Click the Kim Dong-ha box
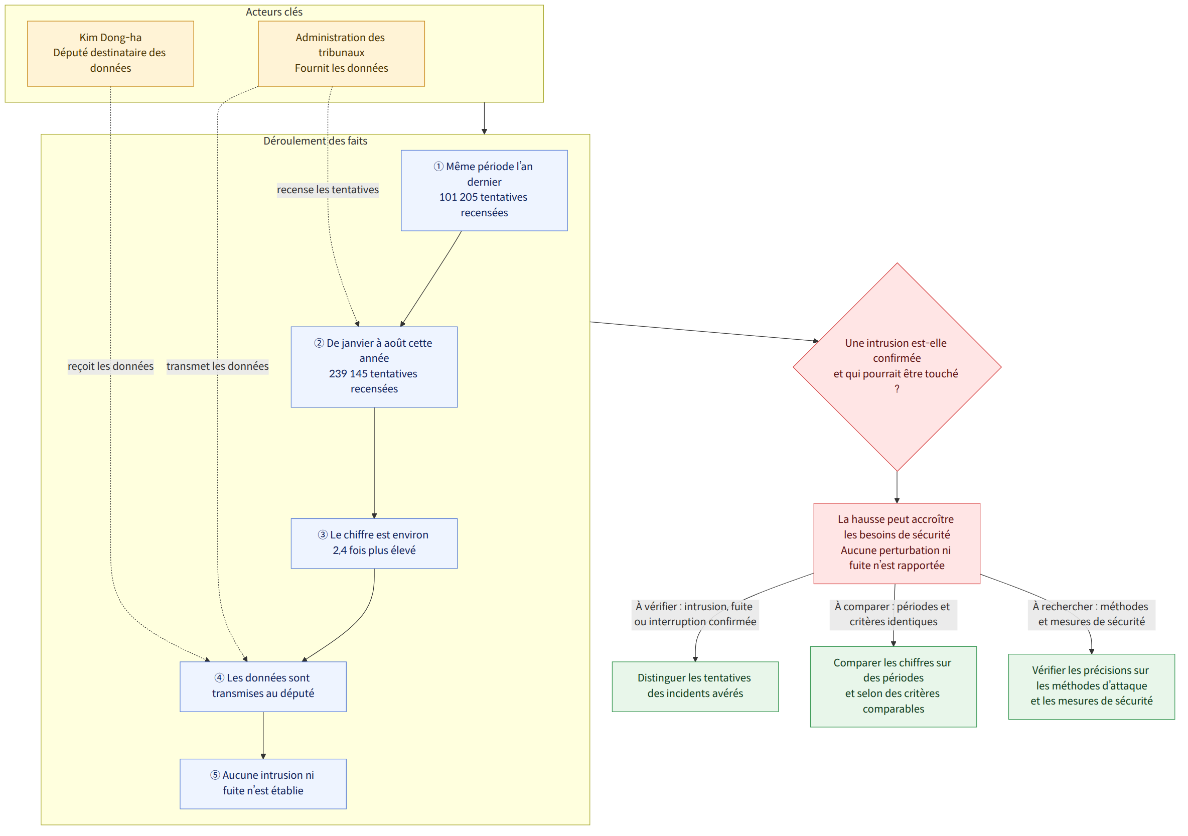pos(110,53)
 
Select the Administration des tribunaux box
pos(342,53)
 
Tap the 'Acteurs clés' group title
pos(274,12)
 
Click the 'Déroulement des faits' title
pos(315,141)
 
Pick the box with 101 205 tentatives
pos(484,191)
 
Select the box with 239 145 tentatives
pos(374,367)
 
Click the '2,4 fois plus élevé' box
pos(374,543)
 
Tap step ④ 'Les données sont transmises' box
pos(263,686)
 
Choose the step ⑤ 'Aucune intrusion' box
pos(263,784)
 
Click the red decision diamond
pos(897,367)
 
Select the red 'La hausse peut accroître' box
pos(897,543)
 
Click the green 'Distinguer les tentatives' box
pos(695,686)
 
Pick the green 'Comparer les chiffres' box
pos(893,686)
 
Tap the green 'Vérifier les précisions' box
pos(1091,686)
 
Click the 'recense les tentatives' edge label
pos(328,190)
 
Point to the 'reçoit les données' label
pos(111,366)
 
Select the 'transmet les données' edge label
pos(218,366)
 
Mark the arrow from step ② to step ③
pos(374,463)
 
